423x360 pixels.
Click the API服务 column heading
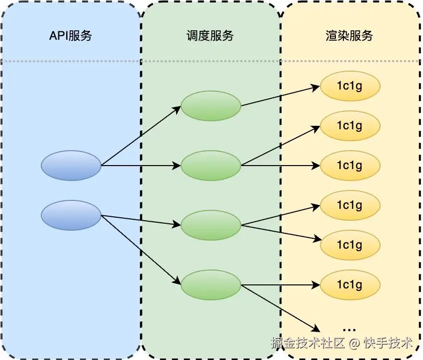pos(70,36)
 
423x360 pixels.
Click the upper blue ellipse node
pos(71,165)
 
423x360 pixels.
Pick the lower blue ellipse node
pos(71,215)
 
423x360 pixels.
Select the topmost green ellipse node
pos(211,105)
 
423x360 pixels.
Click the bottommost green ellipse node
pos(211,285)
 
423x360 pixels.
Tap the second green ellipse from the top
pos(211,166)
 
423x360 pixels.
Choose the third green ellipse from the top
pos(211,225)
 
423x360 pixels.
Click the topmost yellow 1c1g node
pos(350,86)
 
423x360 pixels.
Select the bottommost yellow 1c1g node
pos(350,285)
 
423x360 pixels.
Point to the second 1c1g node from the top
pos(350,125)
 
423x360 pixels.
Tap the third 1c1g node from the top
pos(350,165)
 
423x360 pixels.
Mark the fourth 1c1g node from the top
pos(350,205)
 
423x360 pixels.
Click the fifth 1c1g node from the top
pos(350,245)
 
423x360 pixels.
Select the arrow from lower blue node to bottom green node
pos(141,250)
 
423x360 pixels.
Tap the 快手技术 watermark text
pos(388,343)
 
